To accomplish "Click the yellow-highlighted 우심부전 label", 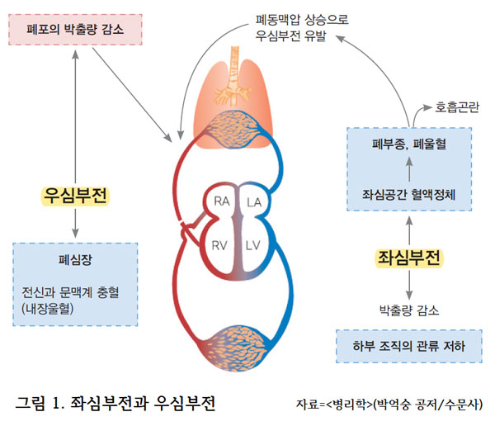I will coord(76,196).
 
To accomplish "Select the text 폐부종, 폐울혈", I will coord(409,145).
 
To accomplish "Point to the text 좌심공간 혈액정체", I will coord(409,196).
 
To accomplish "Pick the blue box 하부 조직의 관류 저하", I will coord(409,345).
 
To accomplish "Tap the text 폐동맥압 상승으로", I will coord(295,18).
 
